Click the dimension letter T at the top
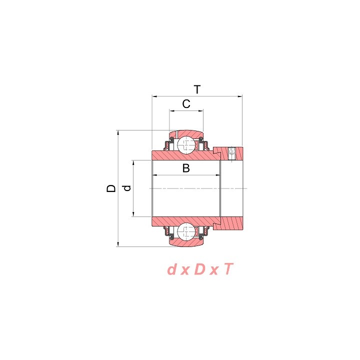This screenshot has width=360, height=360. click(x=197, y=89)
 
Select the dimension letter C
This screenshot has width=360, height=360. click(x=186, y=104)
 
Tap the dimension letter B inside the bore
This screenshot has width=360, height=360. click(x=186, y=168)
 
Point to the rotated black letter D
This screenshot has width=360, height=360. click(x=111, y=188)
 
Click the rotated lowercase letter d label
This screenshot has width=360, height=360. click(x=126, y=188)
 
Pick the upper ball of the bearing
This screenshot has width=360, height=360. click(x=186, y=145)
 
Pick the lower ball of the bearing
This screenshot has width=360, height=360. click(x=186, y=231)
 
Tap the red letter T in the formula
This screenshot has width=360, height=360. click(x=228, y=269)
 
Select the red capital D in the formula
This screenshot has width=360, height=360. click(x=199, y=269)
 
